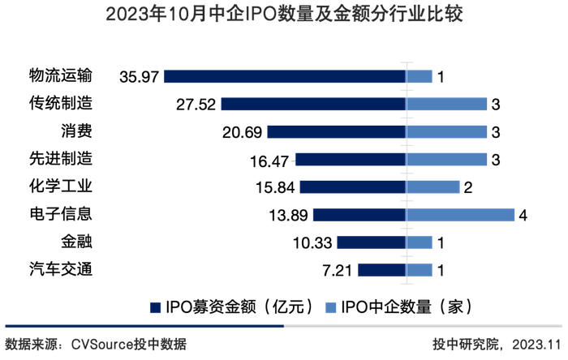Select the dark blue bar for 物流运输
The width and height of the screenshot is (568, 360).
click(x=285, y=76)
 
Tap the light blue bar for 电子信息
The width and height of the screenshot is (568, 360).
click(x=460, y=215)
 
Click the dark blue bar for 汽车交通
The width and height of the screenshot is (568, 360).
click(x=381, y=270)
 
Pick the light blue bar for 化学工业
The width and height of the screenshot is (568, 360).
click(x=433, y=186)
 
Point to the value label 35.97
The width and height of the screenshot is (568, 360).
click(x=138, y=77)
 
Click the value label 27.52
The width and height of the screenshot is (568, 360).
click(x=195, y=105)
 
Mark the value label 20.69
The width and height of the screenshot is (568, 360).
click(x=241, y=132)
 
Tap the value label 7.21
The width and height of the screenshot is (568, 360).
click(x=335, y=270)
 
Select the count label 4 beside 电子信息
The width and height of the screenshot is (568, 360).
click(x=523, y=215)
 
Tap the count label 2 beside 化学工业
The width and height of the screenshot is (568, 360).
click(x=469, y=187)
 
